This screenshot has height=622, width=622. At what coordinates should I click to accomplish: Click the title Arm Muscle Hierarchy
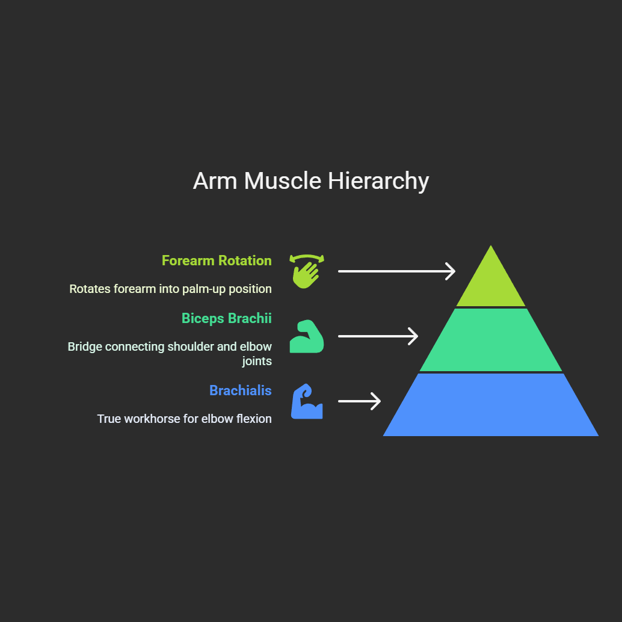tap(311, 181)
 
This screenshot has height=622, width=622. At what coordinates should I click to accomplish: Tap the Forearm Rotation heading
tap(217, 260)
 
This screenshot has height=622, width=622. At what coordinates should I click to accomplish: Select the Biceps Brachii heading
tap(226, 318)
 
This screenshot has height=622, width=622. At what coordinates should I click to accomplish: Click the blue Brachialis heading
tap(240, 390)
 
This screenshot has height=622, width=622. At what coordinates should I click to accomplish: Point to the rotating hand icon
tap(307, 271)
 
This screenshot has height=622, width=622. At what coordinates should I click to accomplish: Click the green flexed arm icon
tap(307, 336)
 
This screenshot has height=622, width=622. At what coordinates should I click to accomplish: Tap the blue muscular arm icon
tap(307, 401)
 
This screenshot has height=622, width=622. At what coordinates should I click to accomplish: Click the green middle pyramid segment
tap(491, 340)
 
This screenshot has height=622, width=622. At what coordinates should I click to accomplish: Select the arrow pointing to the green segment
tap(378, 336)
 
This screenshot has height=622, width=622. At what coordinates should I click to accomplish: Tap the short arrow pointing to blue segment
tap(359, 401)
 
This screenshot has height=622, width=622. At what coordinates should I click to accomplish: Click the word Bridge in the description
tap(85, 347)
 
